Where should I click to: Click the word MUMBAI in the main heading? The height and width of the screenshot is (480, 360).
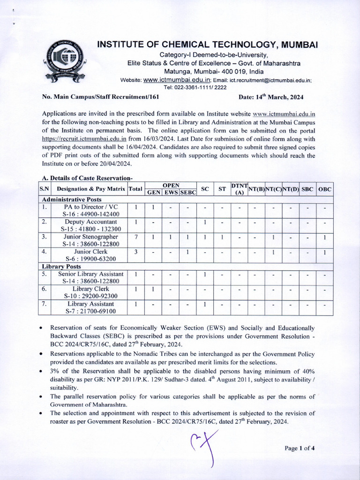[x=296, y=45]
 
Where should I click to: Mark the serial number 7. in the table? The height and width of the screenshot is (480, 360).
[x=44, y=304]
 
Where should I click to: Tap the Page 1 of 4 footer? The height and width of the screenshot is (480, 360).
[x=300, y=448]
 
